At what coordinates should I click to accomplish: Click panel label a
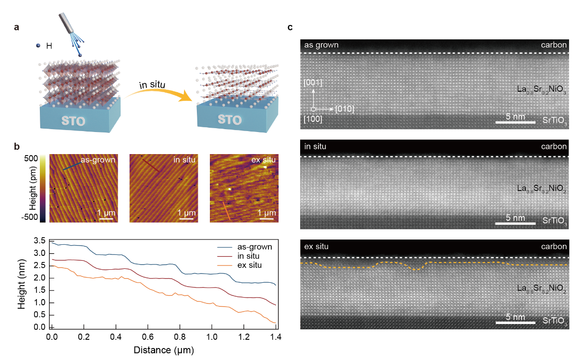[x=17, y=28]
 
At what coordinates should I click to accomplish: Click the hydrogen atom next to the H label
[x=38, y=46]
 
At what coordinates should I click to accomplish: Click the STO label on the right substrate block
[x=230, y=119]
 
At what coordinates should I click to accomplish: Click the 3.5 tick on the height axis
[x=40, y=240]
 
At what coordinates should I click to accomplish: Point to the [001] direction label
[x=313, y=83]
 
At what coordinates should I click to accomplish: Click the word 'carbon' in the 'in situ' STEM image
[x=554, y=146]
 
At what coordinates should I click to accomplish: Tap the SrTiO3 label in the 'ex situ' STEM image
[x=555, y=321]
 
